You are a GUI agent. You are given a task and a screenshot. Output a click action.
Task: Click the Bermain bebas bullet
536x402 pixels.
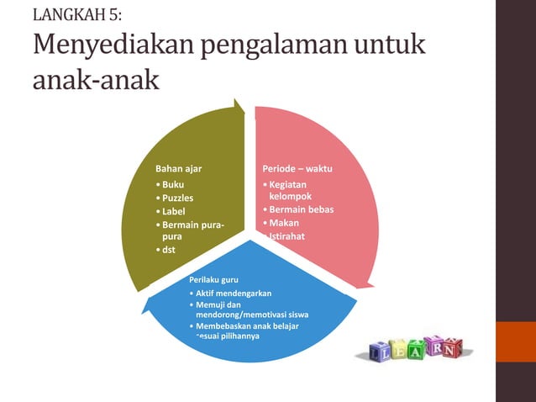click(x=300, y=209)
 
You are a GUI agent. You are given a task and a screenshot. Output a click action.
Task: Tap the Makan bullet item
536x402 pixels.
click(x=284, y=223)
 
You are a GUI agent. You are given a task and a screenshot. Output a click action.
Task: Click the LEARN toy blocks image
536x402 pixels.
click(x=414, y=348)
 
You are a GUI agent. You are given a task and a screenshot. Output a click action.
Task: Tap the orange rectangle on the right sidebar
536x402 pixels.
click(x=516, y=341)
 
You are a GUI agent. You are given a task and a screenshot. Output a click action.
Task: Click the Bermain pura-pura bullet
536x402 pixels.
click(x=189, y=231)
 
